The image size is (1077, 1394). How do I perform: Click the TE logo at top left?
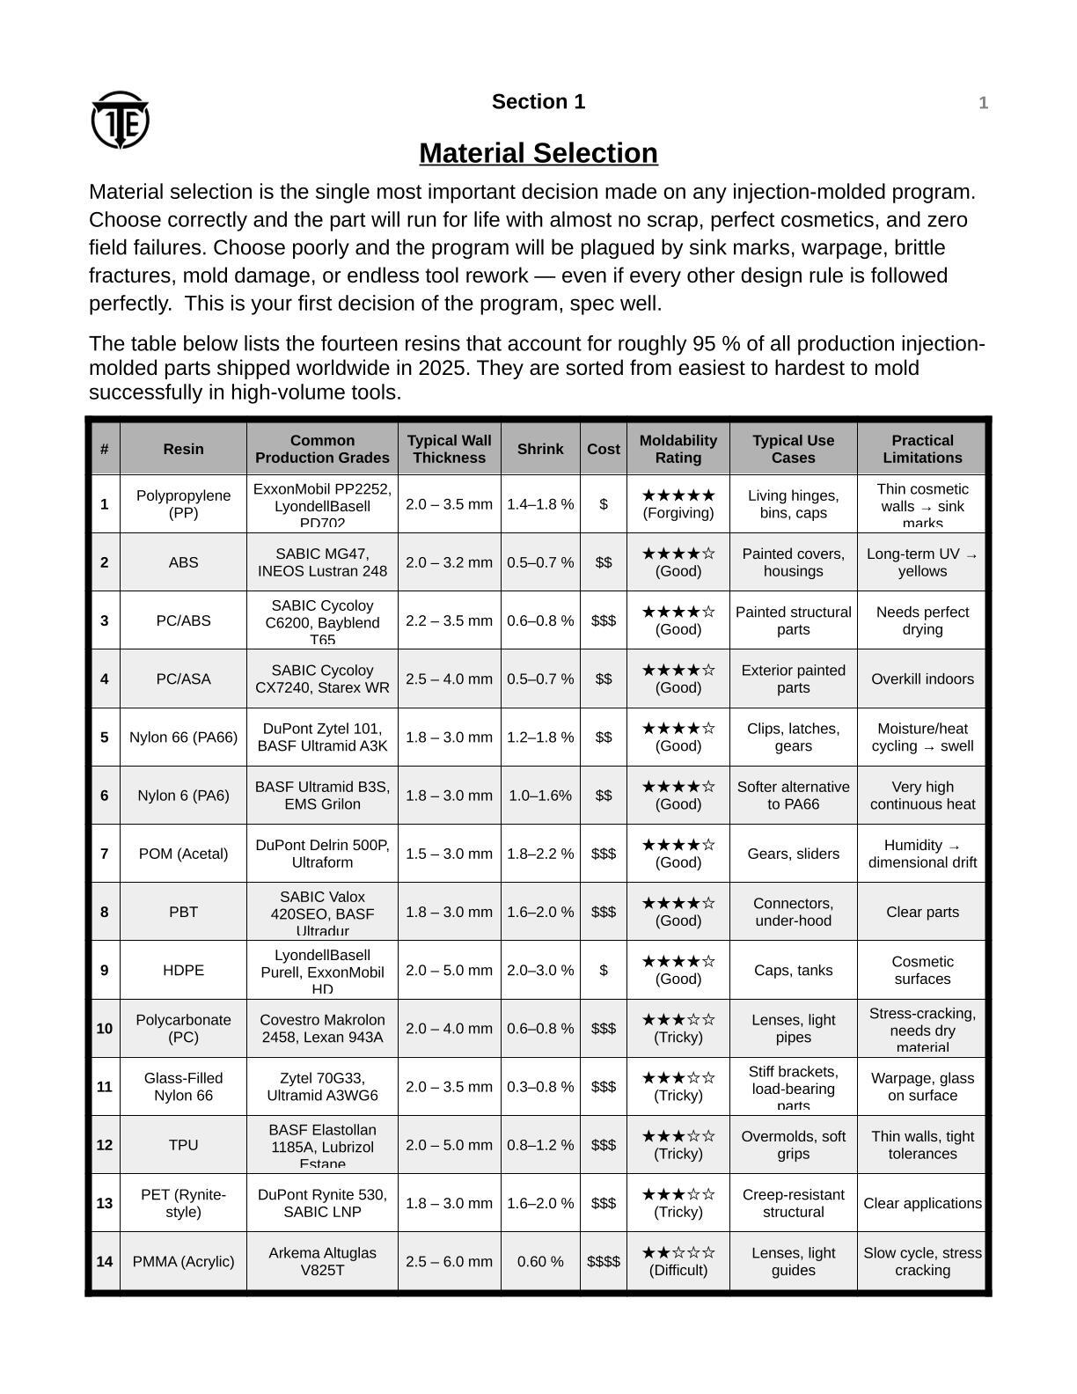120,120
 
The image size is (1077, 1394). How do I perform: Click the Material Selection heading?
538,153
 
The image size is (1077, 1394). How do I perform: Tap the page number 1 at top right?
983,103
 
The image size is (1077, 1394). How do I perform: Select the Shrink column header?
539,449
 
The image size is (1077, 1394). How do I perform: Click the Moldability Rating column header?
678,449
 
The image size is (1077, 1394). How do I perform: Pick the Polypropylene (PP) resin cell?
183,504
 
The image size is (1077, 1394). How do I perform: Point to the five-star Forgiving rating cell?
678,504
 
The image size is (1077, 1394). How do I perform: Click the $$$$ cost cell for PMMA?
603,1261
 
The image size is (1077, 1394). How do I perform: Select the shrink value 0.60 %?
539,1261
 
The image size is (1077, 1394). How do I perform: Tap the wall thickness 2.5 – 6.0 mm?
449,1261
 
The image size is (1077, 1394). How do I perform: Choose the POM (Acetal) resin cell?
183,854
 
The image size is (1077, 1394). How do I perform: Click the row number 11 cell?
105,1087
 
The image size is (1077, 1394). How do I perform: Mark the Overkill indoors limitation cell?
922,679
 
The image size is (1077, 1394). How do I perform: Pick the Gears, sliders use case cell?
793,854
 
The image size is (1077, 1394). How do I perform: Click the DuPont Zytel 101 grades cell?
322,737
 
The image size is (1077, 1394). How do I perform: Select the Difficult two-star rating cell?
678,1261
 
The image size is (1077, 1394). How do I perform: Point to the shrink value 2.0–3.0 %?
539,970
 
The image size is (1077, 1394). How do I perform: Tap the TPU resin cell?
183,1145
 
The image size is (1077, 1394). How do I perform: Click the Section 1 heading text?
538,102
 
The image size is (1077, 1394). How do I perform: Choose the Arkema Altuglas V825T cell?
322,1261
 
